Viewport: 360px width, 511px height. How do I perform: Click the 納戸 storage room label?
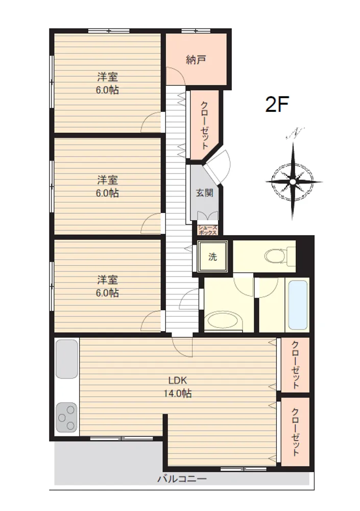(196, 60)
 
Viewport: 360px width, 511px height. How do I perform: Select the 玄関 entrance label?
(205, 193)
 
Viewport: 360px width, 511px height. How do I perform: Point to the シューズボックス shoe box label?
(207, 230)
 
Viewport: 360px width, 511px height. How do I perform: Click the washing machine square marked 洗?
(213, 257)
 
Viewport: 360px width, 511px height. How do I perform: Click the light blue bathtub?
(298, 306)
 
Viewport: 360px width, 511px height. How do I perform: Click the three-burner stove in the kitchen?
(66, 417)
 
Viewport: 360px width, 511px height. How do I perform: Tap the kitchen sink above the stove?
(67, 359)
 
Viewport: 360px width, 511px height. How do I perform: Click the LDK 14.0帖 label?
(178, 387)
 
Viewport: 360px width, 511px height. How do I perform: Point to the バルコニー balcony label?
(182, 479)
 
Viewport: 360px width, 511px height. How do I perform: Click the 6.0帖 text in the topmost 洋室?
(107, 90)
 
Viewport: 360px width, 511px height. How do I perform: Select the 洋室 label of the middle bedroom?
(108, 179)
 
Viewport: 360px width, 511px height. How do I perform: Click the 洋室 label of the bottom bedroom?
(108, 280)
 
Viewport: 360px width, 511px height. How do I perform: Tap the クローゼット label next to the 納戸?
(204, 126)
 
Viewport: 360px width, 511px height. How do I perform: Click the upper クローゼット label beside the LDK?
(295, 365)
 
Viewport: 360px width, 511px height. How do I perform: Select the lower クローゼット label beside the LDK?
(295, 432)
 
